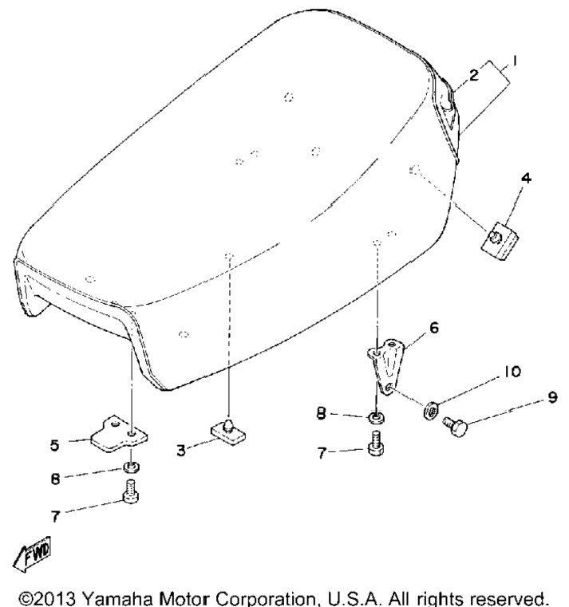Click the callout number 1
[515, 61]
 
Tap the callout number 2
[474, 75]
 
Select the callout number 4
[526, 178]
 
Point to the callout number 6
[434, 328]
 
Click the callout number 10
[512, 372]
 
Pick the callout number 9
[552, 397]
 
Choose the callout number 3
[181, 451]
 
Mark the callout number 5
[54, 445]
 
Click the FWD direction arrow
[32, 554]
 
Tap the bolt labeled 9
[455, 427]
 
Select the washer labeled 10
[430, 410]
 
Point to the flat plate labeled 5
[119, 435]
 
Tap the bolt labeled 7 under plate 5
[131, 491]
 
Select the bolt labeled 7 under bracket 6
[375, 443]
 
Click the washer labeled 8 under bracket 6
[376, 417]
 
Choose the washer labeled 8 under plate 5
[132, 467]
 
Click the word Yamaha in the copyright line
[118, 598]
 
